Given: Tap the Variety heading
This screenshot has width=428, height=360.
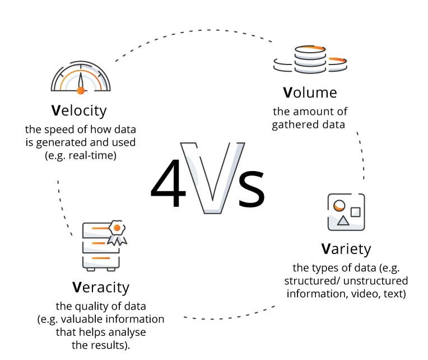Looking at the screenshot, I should coord(346,248).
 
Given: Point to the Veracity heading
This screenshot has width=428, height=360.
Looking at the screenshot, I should coord(101,288).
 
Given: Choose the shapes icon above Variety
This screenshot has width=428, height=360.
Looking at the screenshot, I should coord(346,212).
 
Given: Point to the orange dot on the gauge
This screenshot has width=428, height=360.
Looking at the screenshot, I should coord(81,90).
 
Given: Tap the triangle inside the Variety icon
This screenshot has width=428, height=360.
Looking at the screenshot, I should coord(343,221).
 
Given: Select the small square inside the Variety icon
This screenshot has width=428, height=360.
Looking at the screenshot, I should coord(355,211).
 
